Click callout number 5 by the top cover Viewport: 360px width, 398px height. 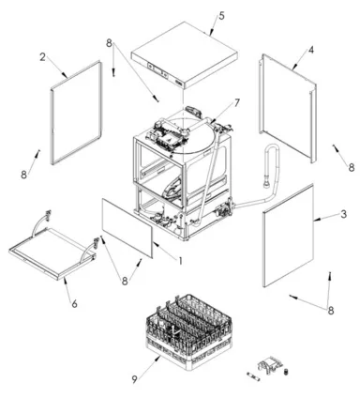(221, 16)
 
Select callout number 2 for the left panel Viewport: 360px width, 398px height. (43, 57)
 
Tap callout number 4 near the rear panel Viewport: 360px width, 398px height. (310, 50)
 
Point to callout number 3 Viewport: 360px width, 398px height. (343, 214)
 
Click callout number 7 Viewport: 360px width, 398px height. (237, 102)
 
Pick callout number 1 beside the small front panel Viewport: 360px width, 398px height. (180, 260)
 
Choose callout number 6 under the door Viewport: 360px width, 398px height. (74, 303)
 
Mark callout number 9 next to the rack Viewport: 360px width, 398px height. (134, 379)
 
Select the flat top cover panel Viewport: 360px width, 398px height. (185, 55)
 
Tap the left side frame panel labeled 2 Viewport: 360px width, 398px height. (77, 112)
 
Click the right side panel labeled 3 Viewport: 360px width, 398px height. (288, 236)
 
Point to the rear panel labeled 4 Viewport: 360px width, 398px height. (288, 108)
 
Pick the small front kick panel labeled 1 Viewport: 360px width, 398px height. (127, 228)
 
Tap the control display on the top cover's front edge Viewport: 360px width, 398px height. (157, 69)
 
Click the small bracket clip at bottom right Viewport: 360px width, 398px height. (269, 364)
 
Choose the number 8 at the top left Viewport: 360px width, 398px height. (109, 43)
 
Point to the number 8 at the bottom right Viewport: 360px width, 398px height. (331, 311)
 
